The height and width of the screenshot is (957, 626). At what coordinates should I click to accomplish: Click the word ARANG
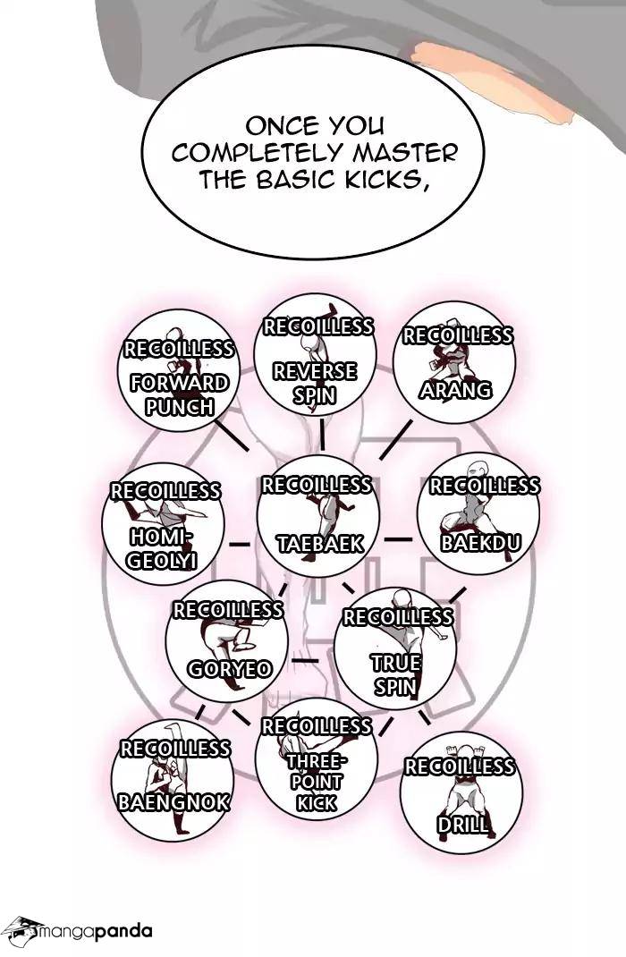(455, 389)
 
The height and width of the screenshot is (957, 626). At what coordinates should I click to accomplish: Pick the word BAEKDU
(481, 542)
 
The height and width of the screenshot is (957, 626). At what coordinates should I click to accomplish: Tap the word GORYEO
(230, 669)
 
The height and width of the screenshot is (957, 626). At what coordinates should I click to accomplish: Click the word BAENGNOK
(173, 801)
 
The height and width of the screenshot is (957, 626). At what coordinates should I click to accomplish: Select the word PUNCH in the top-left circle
(180, 406)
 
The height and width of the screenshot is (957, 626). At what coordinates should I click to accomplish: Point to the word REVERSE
(315, 371)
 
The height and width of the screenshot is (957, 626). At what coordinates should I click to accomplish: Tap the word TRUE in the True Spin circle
(396, 662)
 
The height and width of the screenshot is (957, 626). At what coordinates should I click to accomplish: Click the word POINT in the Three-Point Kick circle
(317, 782)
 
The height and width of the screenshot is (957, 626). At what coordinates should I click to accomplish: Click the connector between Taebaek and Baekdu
(399, 539)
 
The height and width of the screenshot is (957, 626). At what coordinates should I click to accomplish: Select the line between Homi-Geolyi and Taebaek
(239, 544)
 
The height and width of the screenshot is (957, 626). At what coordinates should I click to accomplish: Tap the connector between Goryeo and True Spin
(305, 661)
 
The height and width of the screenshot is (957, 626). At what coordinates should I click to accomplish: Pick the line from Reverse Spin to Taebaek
(322, 436)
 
